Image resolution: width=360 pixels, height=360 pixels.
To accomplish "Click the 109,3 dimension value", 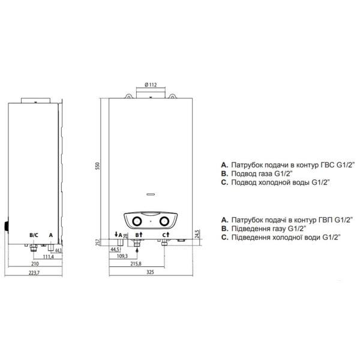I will click(x=122, y=256).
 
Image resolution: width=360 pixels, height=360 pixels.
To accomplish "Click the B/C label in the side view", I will click(x=34, y=235).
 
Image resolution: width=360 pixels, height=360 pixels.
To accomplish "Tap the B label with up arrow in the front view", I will click(x=139, y=235).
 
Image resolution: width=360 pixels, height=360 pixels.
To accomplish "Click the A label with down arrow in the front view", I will click(x=118, y=235).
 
